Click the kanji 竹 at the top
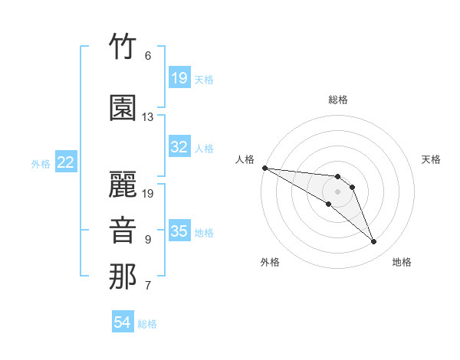point(123,46)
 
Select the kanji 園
point(123,107)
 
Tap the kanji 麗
point(123,184)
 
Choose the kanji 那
point(123,277)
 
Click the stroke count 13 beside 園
point(147,117)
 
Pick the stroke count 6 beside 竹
point(148,56)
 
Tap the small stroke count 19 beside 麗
point(147,194)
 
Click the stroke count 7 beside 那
point(148,285)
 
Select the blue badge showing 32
point(179,146)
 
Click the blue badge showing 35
point(179,230)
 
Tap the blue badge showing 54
point(123,321)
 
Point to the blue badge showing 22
point(66,162)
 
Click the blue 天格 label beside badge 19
point(204,80)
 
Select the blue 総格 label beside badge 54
point(147,324)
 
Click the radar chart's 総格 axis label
point(338,100)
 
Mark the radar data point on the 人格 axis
point(265,168)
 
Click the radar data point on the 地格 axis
point(373,241)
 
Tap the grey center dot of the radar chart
point(337,191)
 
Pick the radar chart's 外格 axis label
point(270,262)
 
